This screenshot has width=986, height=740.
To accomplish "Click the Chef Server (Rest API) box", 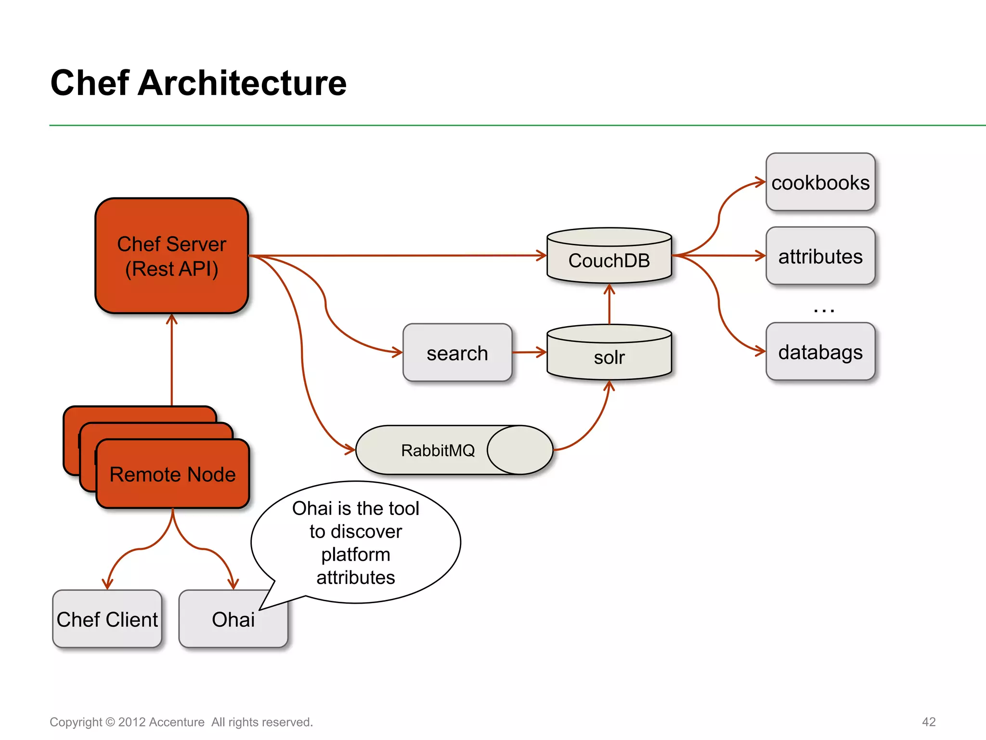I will pos(171,256).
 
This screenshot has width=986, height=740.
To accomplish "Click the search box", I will pos(457,353).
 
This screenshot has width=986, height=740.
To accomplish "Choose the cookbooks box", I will pos(820,183).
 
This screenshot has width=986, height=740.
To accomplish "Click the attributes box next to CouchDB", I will pos(820,256).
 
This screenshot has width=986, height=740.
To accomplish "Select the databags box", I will pos(820,352).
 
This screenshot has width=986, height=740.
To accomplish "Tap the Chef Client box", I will pos(107,619).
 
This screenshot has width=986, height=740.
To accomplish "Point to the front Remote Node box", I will pos(172,475).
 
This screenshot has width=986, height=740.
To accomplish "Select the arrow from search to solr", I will pos(529,352).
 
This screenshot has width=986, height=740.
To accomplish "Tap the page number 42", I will pos(928,722).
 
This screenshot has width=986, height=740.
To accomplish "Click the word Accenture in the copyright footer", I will pos(176,722).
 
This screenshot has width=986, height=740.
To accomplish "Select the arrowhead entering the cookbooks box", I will pos(760,182).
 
